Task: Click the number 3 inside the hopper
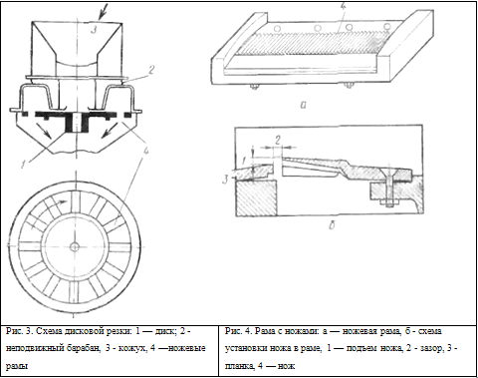tap(94, 30)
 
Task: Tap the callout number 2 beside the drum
tap(151, 70)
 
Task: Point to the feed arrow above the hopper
tap(104, 11)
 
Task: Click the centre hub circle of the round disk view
tap(75, 246)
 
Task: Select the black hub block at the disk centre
tap(77, 124)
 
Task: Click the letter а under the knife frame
tap(303, 105)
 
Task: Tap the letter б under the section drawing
tap(332, 225)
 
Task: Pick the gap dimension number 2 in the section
tap(277, 141)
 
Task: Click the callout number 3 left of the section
tap(225, 180)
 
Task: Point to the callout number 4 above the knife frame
tap(343, 8)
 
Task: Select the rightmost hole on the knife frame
tap(386, 26)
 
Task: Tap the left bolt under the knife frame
tap(255, 87)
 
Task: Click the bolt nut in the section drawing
tap(389, 202)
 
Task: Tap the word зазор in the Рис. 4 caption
tap(430, 348)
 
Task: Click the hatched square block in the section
tap(256, 198)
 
